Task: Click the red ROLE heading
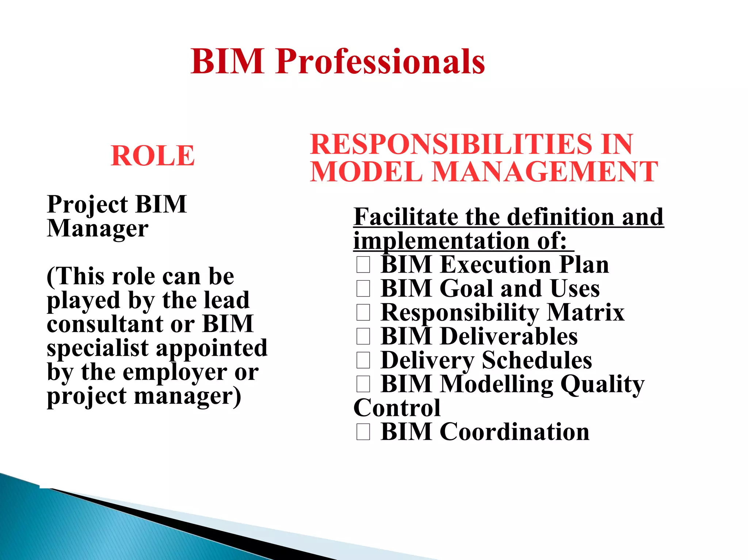tap(153, 156)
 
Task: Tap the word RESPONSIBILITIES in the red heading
tap(450, 144)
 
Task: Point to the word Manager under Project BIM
tap(98, 229)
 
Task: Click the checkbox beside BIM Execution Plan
tap(363, 264)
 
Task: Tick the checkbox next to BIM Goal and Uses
tap(363, 289)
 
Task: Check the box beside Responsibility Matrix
tap(363, 313)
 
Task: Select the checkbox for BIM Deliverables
tap(363, 336)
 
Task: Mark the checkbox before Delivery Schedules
tap(363, 360)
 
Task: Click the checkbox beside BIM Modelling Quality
tap(363, 384)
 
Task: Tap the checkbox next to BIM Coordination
tap(363, 432)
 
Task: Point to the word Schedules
tap(537, 360)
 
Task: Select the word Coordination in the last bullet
tap(515, 432)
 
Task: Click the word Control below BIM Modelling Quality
tap(397, 408)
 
